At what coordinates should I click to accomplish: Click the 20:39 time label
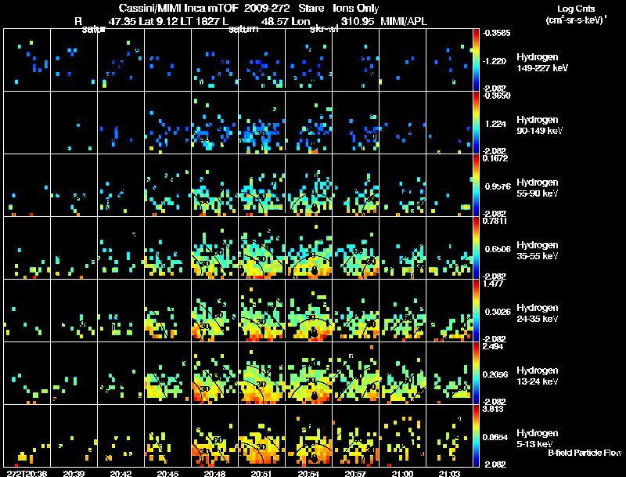74,473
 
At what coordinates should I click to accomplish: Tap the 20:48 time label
214,473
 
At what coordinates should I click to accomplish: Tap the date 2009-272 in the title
267,7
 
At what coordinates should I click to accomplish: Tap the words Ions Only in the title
356,7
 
